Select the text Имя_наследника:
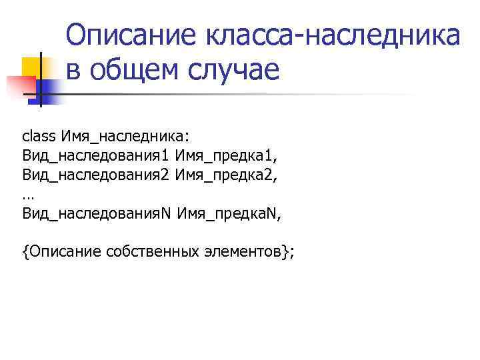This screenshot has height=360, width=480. pyautogui.click(x=126, y=137)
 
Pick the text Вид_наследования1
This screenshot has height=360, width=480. pyautogui.click(x=97, y=156)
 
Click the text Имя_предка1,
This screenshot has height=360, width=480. pyautogui.click(x=223, y=156)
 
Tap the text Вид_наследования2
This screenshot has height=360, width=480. pyautogui.click(x=97, y=175)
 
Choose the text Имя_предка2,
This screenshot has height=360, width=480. pyautogui.click(x=223, y=175)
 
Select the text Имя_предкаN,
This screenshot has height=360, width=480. pyautogui.click(x=225, y=214)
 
